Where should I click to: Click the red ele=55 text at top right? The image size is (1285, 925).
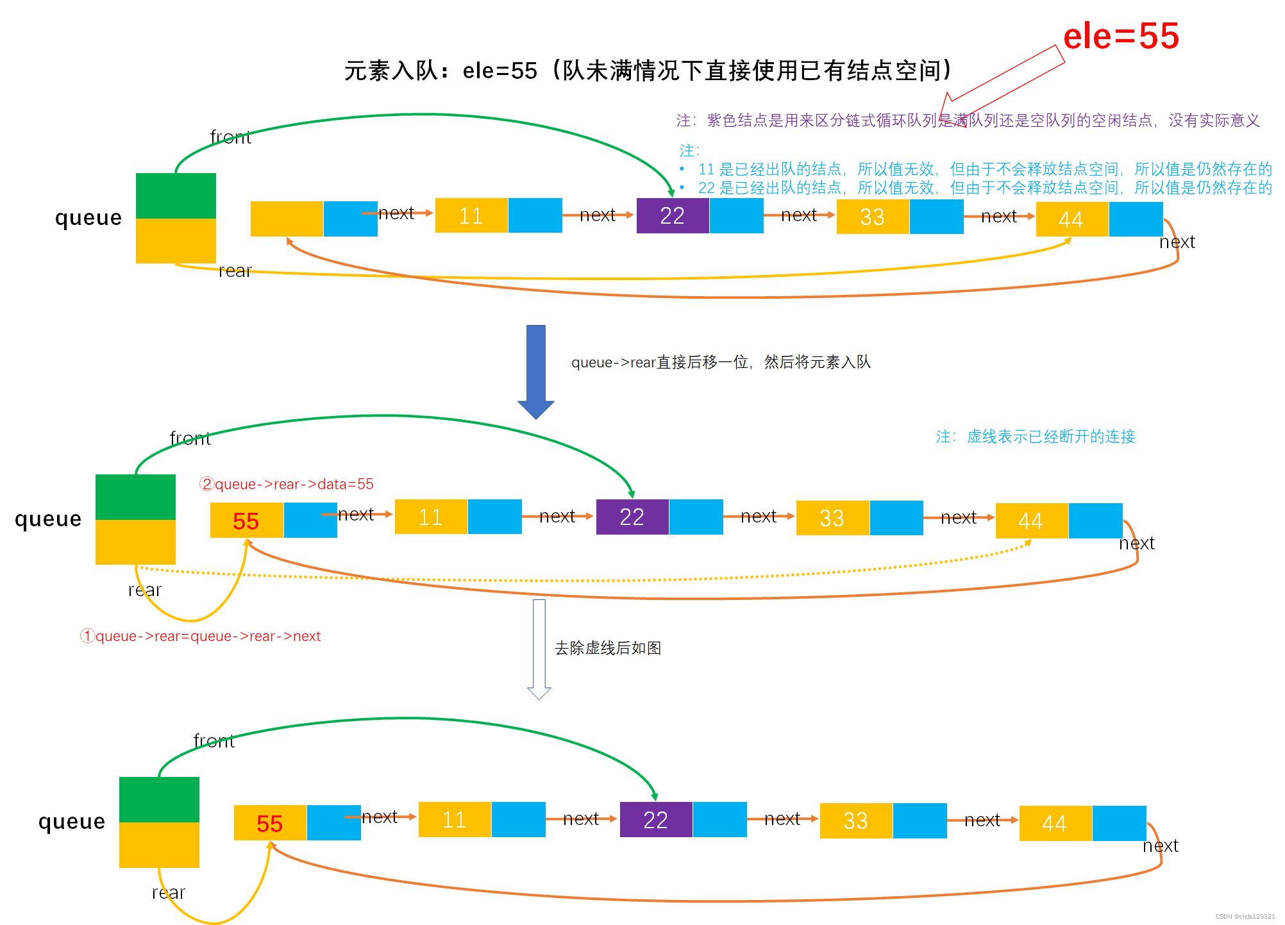click(1120, 36)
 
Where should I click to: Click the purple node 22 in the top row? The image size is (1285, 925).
click(672, 216)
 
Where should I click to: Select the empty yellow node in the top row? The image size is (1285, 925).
click(287, 219)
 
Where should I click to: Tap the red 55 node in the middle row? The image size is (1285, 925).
click(246, 521)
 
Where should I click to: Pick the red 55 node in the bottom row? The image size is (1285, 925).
click(270, 823)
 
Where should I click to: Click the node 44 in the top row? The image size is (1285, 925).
click(1071, 219)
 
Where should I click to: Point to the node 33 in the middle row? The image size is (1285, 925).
click(832, 518)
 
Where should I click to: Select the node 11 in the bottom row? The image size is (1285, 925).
click(455, 819)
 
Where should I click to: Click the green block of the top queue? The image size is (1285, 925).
click(176, 196)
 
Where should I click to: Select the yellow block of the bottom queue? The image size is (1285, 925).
click(159, 845)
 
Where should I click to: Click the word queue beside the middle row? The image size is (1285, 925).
click(48, 519)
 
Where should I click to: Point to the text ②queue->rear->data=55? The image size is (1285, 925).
click(286, 484)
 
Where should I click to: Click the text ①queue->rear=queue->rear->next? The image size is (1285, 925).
click(200, 636)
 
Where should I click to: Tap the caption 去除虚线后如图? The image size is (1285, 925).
click(607, 648)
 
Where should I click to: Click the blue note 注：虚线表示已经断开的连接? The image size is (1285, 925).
click(1035, 437)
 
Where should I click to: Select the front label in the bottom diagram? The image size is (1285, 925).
click(214, 741)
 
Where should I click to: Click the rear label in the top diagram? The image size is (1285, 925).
click(235, 271)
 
